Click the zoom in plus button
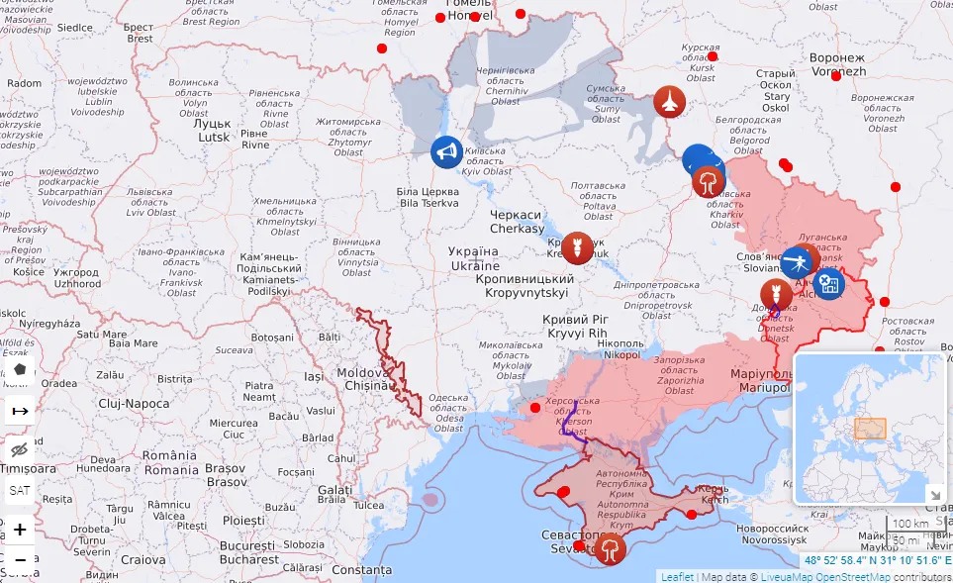(19, 530)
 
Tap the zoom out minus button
(19, 560)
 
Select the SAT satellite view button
(19, 490)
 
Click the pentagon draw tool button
(19, 370)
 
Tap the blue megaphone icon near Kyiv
(446, 152)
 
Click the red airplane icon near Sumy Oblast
(669, 101)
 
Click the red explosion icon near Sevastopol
(611, 548)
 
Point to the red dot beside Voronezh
(836, 76)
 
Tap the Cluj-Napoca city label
(134, 404)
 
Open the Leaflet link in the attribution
(677, 576)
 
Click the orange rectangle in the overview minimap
(870, 429)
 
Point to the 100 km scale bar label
(909, 523)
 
